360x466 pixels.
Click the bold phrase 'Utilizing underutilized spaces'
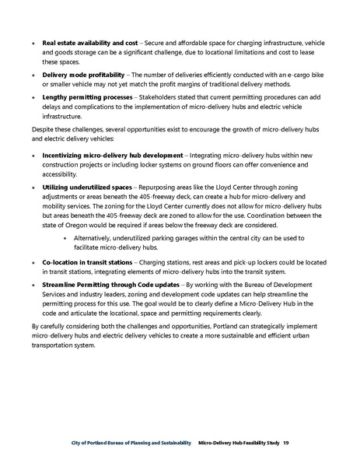click(x=86, y=187)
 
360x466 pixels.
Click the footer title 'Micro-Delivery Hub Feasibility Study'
click(x=239, y=442)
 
